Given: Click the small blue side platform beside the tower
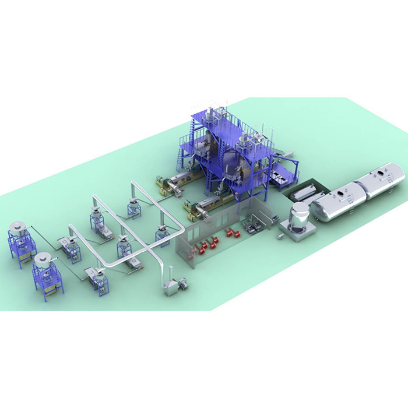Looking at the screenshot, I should [x=287, y=169].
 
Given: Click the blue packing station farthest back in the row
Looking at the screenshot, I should [x=133, y=207].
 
